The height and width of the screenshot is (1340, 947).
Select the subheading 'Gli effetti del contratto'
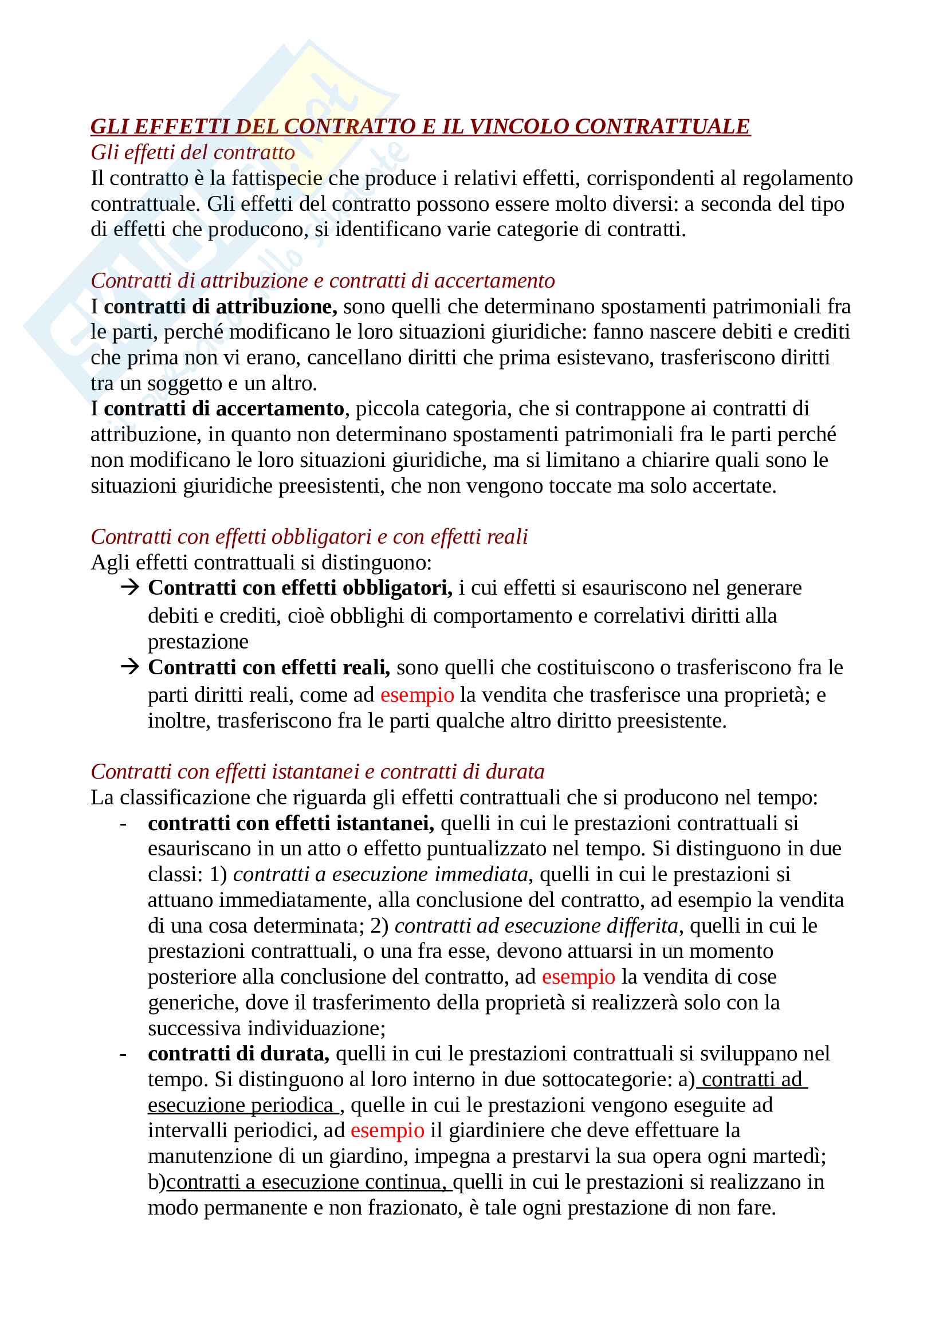pos(192,152)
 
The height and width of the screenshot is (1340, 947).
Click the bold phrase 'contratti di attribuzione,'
pos(220,306)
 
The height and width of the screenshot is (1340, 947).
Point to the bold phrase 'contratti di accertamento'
pos(223,408)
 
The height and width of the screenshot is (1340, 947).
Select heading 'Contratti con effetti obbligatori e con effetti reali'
pos(309,537)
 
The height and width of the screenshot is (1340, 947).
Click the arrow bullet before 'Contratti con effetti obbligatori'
pos(129,587)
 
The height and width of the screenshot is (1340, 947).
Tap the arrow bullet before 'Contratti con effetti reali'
pos(129,666)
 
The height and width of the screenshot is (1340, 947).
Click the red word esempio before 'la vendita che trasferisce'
pos(416,695)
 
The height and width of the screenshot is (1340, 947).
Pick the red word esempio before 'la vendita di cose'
pos(578,977)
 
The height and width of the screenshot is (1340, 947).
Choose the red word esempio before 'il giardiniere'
pos(387,1130)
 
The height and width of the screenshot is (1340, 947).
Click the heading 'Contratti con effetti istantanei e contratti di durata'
pos(317,772)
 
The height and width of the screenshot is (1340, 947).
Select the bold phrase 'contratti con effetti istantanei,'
pos(290,823)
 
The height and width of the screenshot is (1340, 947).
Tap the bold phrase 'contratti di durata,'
pos(238,1054)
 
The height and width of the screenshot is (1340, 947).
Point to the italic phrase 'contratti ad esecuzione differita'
pos(536,926)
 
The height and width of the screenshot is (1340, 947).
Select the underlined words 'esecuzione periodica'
pos(241,1105)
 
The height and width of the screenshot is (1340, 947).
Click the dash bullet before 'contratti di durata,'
pos(123,1054)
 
